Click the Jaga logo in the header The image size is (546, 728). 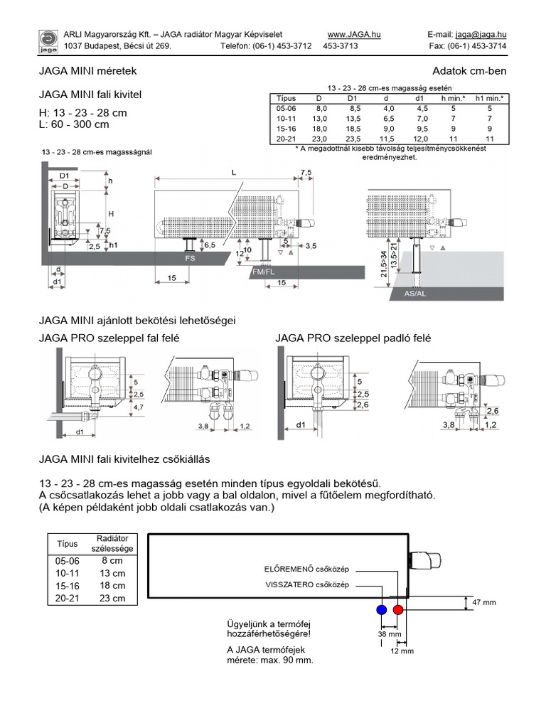48,41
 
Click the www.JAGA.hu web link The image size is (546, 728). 354,34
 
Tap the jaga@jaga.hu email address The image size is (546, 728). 481,34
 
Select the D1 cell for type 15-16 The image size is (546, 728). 353,129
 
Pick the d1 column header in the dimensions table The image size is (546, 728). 419,98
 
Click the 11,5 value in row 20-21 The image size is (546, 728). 387,139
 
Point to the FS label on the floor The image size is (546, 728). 190,258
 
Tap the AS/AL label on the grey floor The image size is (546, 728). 414,294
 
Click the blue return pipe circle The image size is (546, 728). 382,609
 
